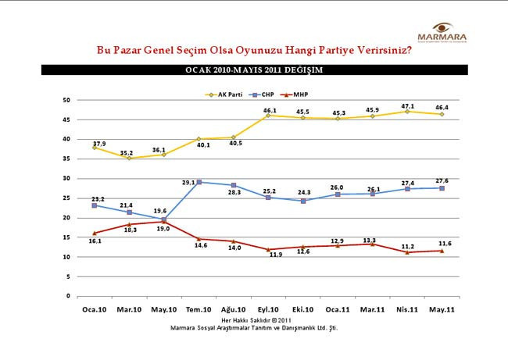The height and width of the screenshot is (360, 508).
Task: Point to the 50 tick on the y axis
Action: (x=67, y=100)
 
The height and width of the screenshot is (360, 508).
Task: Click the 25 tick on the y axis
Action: (x=67, y=198)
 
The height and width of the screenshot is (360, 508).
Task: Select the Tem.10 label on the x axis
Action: (x=199, y=310)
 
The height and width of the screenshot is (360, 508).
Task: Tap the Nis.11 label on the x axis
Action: (x=406, y=310)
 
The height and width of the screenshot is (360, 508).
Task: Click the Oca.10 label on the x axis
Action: (x=95, y=310)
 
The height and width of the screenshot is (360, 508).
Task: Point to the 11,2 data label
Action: (x=406, y=244)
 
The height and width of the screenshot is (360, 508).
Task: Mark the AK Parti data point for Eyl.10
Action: (x=268, y=116)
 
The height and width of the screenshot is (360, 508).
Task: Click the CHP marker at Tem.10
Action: (x=199, y=182)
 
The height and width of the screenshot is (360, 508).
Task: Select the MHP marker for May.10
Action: (x=164, y=222)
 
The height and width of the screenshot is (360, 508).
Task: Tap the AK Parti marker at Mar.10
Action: (x=130, y=158)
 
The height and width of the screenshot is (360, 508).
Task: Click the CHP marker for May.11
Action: (x=441, y=188)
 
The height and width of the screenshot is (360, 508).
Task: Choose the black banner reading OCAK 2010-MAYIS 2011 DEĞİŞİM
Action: (x=253, y=70)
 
